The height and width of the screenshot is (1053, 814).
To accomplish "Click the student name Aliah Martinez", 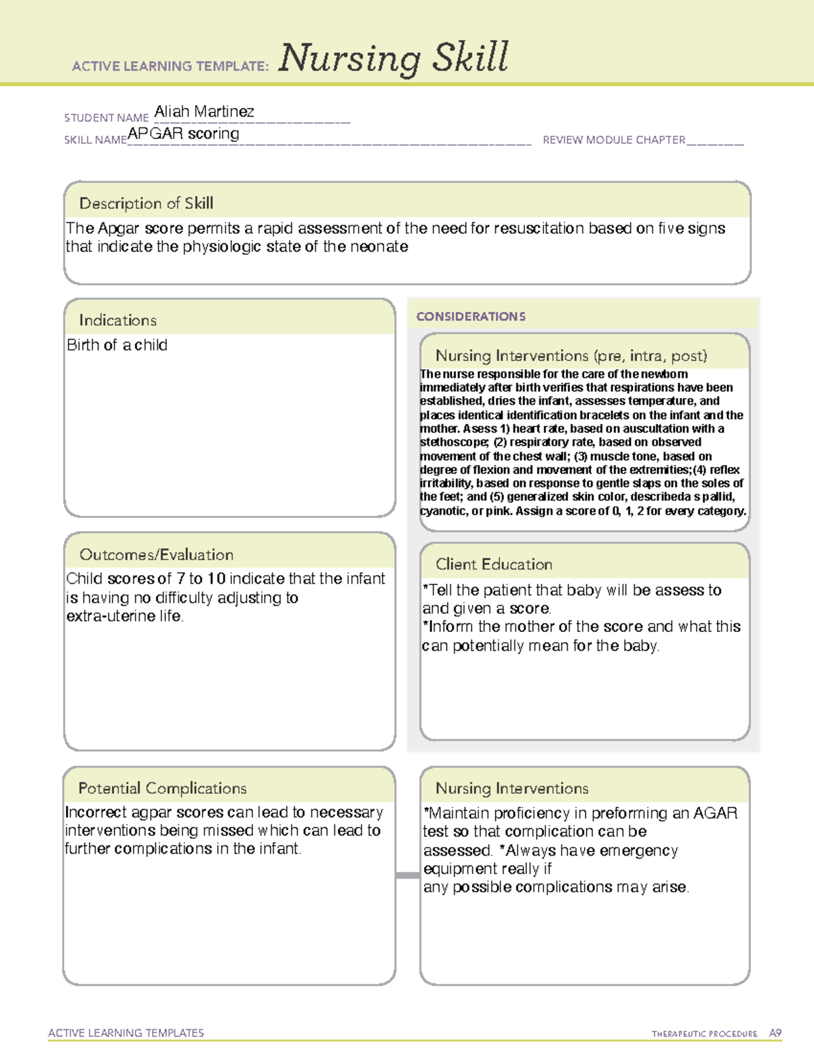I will coord(204,111).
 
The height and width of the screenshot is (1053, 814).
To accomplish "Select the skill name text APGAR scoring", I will coord(183,134).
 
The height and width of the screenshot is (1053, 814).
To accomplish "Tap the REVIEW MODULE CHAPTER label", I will coord(614,140).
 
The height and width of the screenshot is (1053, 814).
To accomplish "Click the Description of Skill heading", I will coord(146,203).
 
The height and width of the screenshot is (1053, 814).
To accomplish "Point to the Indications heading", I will coord(117,320).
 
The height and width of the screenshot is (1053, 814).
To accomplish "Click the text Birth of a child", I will coord(117,345).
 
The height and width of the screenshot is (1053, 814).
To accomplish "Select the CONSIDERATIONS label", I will coord(471,317).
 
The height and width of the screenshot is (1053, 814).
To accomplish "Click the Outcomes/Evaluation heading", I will coord(156,555).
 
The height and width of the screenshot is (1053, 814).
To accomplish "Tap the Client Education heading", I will coord(494,564).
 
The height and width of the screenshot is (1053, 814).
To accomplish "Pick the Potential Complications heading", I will coord(162,788).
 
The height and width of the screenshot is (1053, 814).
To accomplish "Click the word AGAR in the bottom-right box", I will coord(715,813).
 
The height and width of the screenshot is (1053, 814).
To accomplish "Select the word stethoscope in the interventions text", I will coord(453,442).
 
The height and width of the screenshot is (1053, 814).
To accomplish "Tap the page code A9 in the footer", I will coord(775,1033).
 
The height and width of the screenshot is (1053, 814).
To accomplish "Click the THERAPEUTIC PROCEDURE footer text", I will coord(704,1034).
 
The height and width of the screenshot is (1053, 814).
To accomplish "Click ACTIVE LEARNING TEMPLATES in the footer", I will coord(125,1033).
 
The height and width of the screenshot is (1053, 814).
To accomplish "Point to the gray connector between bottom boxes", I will coord(408,875).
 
